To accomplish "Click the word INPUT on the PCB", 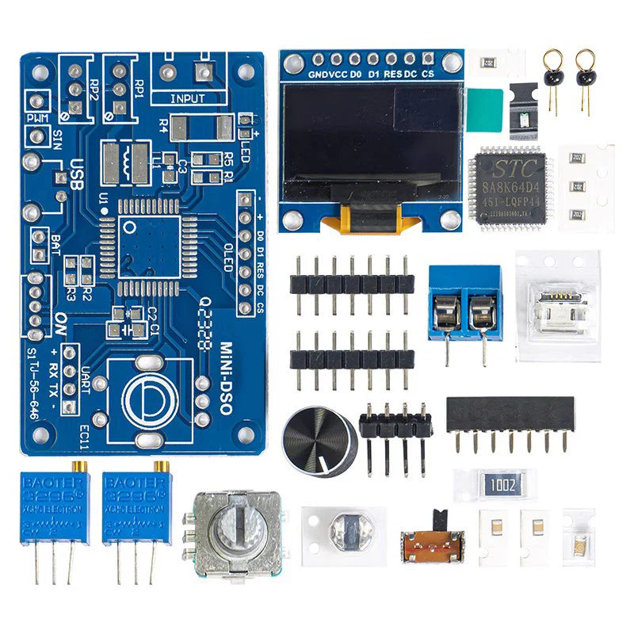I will click(188, 99).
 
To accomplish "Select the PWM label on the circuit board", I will click(37, 118).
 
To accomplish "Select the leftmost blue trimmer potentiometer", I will click(55, 507).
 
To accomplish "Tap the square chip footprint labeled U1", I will click(151, 243).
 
